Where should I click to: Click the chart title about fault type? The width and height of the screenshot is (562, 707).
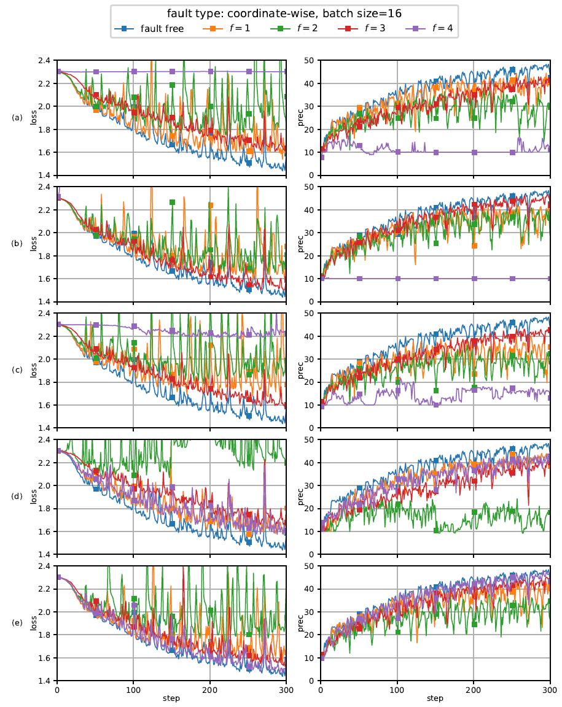coord(284,13)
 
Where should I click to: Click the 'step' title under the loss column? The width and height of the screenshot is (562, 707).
coord(171,698)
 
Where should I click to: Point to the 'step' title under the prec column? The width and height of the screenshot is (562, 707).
coord(435,698)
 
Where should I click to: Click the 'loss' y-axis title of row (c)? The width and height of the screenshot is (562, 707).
coord(34,370)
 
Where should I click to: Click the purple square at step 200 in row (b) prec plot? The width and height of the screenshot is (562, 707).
coord(474,279)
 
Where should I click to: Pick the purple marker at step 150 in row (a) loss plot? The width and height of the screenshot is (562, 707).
coord(172,72)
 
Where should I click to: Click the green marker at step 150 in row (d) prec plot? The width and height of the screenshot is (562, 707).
coord(436,530)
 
